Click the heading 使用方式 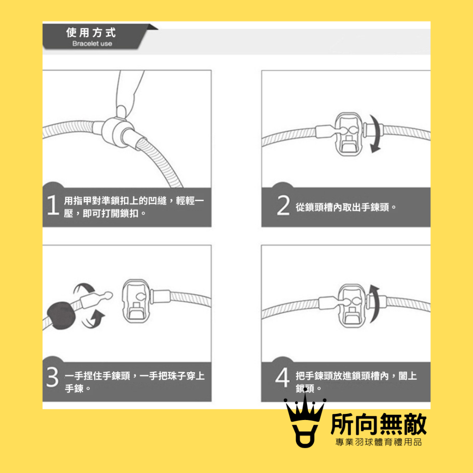91,33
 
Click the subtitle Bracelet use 92,44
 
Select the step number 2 282,207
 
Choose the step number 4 282,380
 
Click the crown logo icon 305,424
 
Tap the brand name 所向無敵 379,424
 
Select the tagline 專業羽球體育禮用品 378,443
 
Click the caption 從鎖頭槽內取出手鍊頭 346,207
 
